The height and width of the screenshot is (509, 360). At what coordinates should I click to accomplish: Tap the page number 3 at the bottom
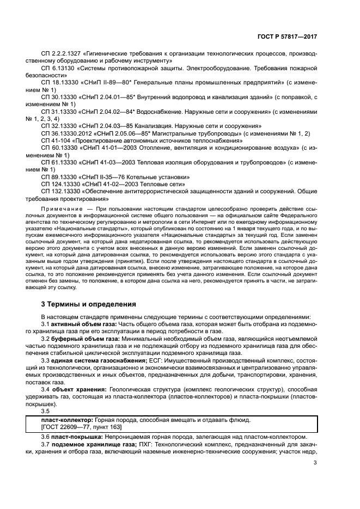point(315,463)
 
